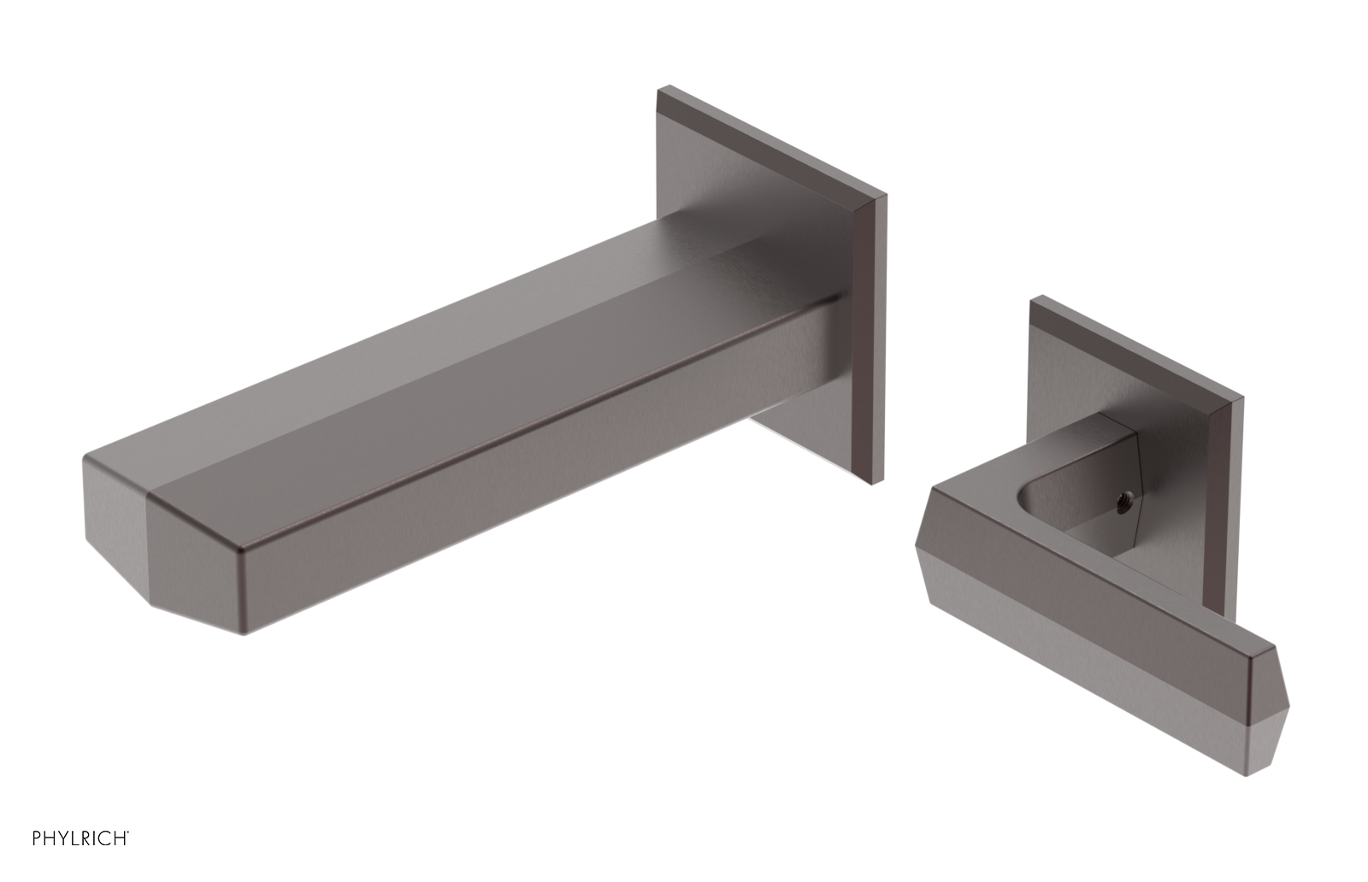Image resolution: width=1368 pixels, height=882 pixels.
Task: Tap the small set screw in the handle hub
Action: click(1128, 495)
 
